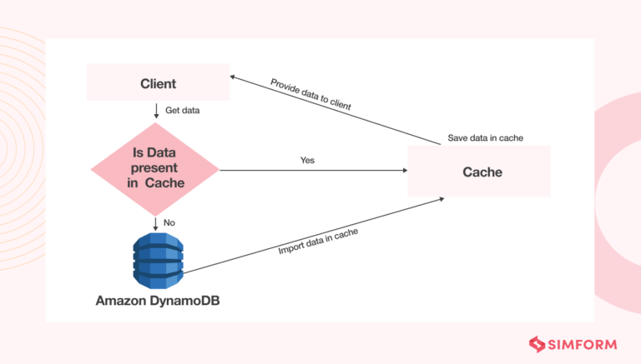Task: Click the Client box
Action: [158, 84]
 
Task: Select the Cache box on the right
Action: [478, 172]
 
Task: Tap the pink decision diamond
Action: [155, 170]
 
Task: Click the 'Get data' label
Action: [182, 110]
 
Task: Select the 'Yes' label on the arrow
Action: [307, 159]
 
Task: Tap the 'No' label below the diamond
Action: [170, 222]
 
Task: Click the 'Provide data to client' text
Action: [310, 95]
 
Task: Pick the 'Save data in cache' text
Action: [486, 137]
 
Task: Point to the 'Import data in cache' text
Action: [318, 242]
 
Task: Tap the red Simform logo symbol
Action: [538, 342]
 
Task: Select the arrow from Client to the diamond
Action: [155, 111]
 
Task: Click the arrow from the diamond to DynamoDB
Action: [155, 222]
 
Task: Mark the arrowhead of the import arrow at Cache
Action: [439, 199]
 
